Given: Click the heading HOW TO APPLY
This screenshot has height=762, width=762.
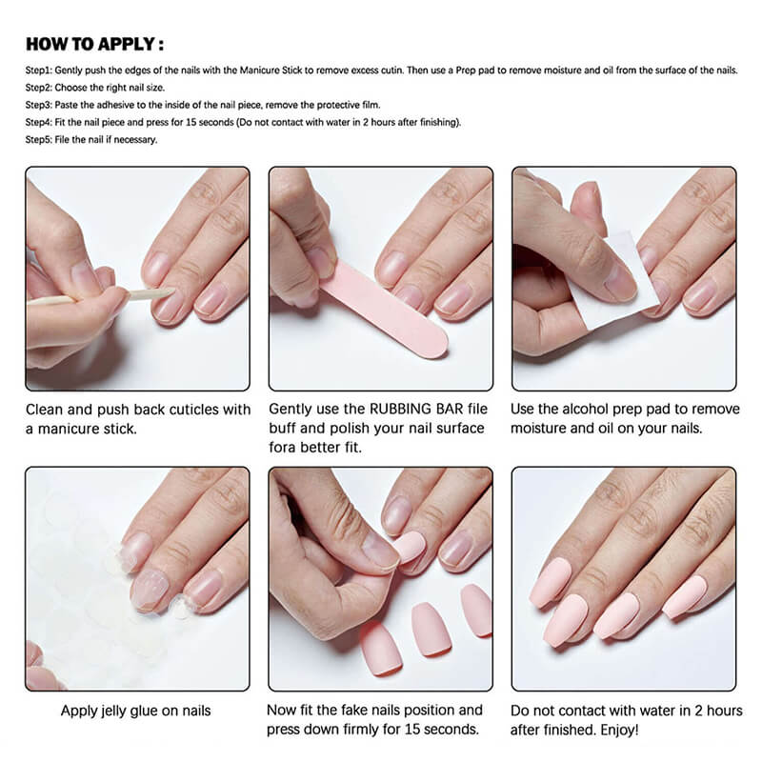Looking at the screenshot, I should [x=94, y=44].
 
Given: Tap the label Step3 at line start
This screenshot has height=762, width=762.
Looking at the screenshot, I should [x=40, y=105].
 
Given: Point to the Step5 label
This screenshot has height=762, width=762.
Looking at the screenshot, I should [x=40, y=139].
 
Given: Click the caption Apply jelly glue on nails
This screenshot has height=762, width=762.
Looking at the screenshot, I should [x=135, y=711].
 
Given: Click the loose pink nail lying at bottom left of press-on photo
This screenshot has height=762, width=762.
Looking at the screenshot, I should [x=380, y=648].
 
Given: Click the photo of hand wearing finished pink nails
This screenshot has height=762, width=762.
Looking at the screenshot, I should [x=624, y=578].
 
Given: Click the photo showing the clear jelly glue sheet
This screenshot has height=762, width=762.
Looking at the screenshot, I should [x=137, y=578].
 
